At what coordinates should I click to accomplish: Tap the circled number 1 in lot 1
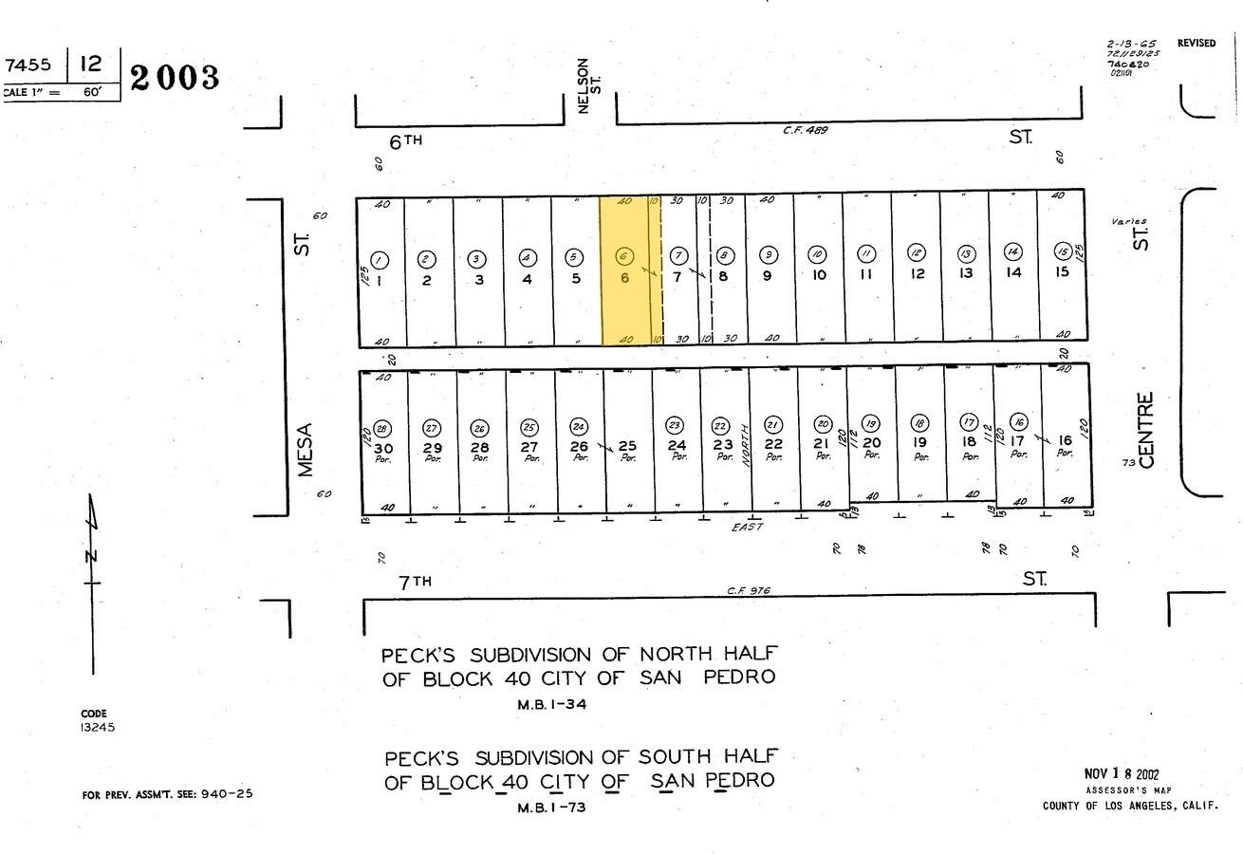[379, 260]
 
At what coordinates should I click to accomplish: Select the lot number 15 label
[1062, 272]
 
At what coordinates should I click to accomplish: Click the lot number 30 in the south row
[382, 448]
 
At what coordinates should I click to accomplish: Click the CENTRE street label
[1146, 430]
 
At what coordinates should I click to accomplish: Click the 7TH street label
[415, 582]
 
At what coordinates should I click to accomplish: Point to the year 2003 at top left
[175, 78]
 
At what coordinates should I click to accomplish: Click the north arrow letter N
[92, 555]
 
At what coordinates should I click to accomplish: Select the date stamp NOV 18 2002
[1121, 774]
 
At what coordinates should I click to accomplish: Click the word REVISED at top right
[1196, 44]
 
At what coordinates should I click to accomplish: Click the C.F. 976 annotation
[749, 590]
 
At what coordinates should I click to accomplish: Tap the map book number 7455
[28, 65]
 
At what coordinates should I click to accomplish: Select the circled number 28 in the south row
[382, 429]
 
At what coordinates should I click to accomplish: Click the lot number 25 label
[626, 446]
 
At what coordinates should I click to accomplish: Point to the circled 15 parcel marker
[1062, 251]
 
